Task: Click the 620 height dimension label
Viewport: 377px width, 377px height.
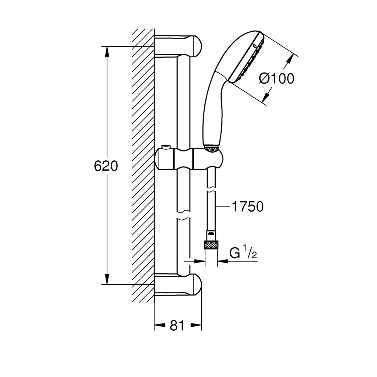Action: click(106, 166)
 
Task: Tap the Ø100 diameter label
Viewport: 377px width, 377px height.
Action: click(276, 78)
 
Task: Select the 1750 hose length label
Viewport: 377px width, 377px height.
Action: click(248, 206)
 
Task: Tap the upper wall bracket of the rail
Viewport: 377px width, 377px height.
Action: click(178, 46)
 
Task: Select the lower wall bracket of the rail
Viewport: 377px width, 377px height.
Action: click(178, 285)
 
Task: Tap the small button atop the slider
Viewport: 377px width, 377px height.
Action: click(166, 147)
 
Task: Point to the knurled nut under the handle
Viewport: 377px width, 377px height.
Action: click(211, 149)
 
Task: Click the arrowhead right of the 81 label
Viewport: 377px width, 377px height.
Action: click(196, 325)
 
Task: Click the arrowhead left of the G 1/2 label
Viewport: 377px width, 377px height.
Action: click(199, 261)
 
